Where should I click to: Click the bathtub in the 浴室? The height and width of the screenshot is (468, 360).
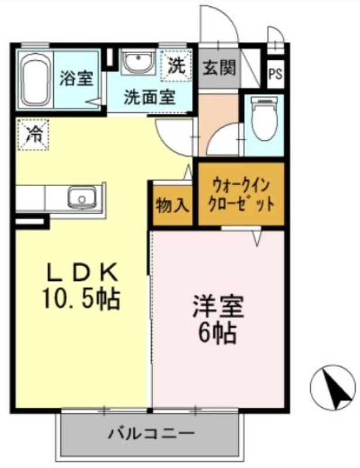[x=36, y=80]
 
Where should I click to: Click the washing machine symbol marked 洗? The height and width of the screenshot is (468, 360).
[x=176, y=66]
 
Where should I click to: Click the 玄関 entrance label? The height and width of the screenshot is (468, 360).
[x=220, y=67]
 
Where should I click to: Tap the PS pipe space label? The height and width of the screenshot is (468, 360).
[x=275, y=74]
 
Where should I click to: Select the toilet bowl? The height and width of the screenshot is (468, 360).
[x=265, y=119]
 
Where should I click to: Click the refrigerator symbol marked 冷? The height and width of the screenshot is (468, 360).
[x=33, y=135]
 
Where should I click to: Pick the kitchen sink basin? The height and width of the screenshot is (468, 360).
[x=81, y=197]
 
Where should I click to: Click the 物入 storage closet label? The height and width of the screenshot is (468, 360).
[x=172, y=206]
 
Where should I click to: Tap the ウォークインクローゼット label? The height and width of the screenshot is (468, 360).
[x=241, y=195]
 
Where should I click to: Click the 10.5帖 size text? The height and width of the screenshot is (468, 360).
[x=81, y=298]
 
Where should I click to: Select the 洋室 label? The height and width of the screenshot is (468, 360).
[x=218, y=306]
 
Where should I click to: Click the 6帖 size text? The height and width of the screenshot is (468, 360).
[x=218, y=332]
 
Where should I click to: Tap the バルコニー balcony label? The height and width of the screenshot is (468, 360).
[x=152, y=433]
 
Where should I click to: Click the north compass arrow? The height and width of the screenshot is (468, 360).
[x=338, y=389]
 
